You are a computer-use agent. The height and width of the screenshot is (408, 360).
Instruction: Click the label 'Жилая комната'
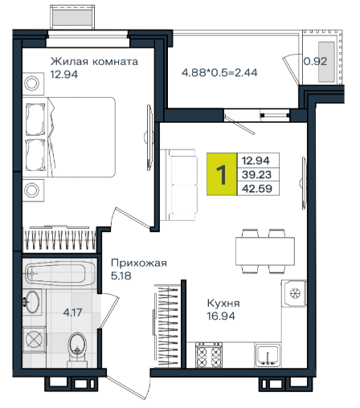[94, 62]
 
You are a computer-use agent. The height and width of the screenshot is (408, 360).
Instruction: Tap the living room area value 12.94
[64, 74]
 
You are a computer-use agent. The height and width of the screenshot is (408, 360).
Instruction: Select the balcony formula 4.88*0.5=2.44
[219, 72]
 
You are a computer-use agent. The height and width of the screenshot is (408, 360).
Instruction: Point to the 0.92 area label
[315, 61]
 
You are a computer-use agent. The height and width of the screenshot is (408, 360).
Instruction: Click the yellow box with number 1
[222, 174]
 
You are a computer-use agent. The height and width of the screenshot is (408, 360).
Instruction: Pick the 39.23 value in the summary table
[256, 175]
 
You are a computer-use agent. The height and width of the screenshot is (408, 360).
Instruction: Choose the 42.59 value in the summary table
[257, 189]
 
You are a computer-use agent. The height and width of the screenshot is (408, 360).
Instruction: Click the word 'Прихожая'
[139, 263]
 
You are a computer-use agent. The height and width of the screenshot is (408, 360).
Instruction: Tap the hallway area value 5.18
[121, 275]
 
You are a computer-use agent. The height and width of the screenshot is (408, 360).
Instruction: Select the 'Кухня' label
[223, 304]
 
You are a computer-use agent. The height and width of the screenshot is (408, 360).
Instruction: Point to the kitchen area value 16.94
[221, 316]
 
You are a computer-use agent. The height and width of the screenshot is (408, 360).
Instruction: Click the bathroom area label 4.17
[72, 312]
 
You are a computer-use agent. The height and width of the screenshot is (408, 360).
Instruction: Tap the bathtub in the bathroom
[60, 274]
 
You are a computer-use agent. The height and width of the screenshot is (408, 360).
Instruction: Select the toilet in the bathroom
[77, 349]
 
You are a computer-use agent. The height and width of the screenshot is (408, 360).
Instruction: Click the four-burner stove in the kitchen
[209, 355]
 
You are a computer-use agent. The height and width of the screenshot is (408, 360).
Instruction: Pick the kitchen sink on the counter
[268, 355]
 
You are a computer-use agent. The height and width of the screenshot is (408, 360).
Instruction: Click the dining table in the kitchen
[265, 251]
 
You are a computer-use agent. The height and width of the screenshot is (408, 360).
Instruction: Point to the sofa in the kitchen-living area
[179, 185]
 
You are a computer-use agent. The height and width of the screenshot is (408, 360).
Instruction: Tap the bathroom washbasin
[32, 302]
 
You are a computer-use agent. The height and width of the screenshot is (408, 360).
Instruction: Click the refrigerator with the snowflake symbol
[293, 293]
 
